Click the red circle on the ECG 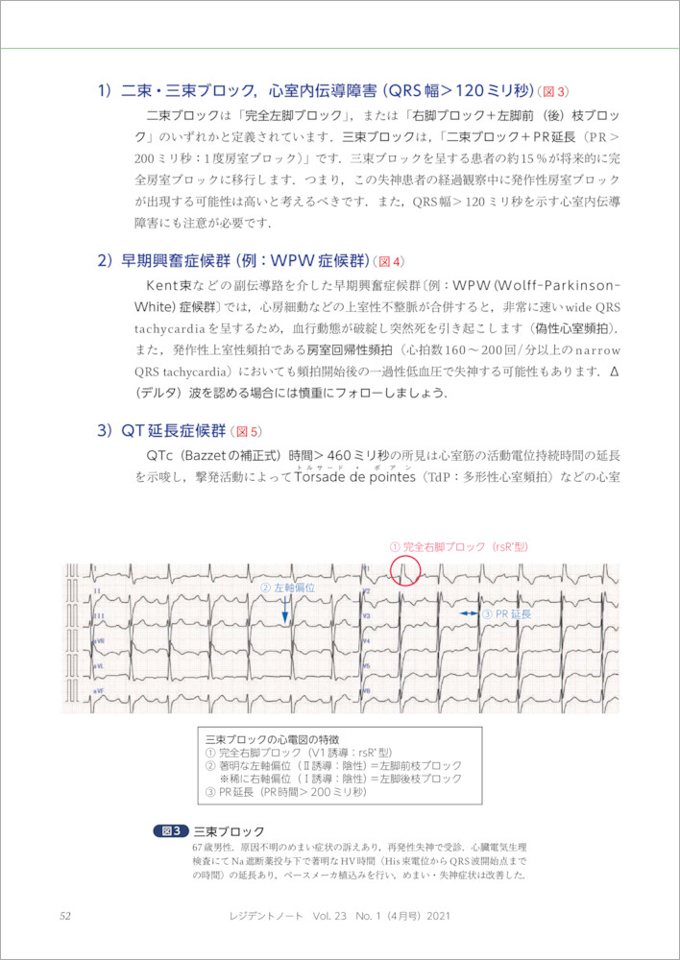pos(404,570)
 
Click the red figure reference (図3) pos(554,92)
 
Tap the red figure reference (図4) pos(391,261)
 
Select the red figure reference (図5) pos(249,431)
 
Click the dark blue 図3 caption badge pos(171,830)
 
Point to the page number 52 pos(65,916)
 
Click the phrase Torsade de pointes pos(351,476)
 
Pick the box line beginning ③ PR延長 pos(286,792)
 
